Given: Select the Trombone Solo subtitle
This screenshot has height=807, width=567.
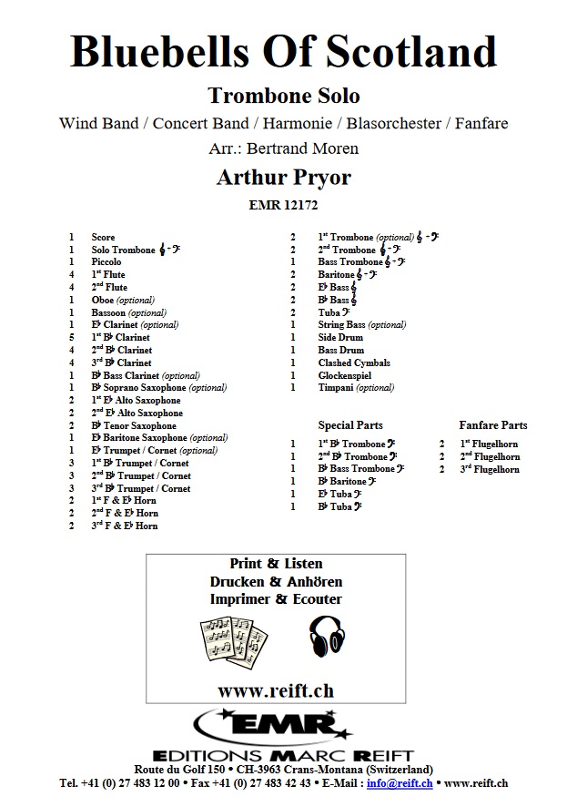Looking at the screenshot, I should pos(283,96).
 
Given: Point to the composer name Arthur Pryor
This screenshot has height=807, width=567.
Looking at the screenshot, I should pos(283,177).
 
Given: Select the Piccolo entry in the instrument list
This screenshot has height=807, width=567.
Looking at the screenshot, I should pos(106,262).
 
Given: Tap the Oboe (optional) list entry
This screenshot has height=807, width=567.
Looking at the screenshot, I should pos(123,300).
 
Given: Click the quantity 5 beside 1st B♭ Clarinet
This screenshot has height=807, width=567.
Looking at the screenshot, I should pos(70,338).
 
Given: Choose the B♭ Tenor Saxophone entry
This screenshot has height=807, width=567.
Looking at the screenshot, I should pos(134,426).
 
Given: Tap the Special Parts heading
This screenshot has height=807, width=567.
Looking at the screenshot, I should pos(350,425).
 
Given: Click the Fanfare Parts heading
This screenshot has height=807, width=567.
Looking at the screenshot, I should pos(492,425).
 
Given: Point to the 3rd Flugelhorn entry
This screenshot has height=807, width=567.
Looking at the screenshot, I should pos(490,469).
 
